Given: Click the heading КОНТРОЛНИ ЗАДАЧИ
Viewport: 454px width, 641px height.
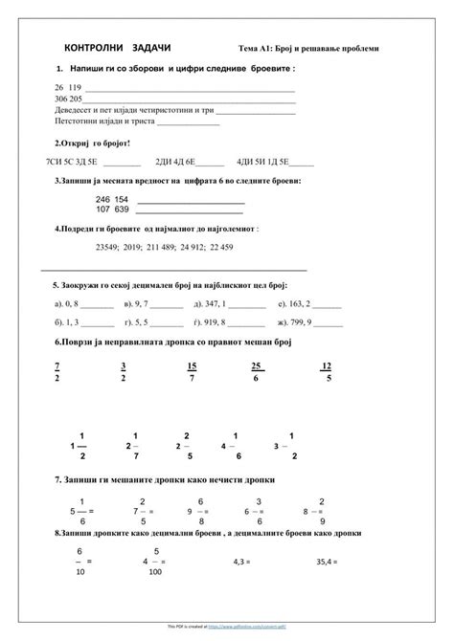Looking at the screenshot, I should pyautogui.click(x=117, y=47).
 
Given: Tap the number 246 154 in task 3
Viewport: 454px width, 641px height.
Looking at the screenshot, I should pyautogui.click(x=112, y=199).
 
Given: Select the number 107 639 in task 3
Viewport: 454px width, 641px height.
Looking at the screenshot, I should pyautogui.click(x=112, y=210).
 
